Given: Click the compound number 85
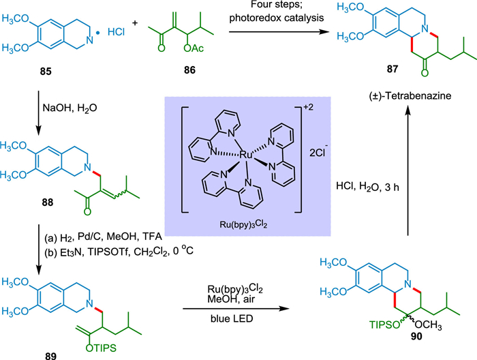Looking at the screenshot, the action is pos(46,72).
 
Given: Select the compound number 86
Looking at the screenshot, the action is pos(189,70).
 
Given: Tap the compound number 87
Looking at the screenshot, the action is pos(392,70).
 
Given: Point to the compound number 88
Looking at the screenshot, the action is pos(48,202).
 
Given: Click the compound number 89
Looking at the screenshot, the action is pos(51,356).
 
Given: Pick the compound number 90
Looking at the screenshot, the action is pos(416,336).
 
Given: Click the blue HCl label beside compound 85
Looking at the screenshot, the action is pos(116,32).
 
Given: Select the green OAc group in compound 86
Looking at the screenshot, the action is pos(194,48).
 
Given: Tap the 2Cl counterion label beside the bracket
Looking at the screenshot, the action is pos(318,151).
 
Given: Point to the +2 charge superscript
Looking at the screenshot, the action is pos(309,107).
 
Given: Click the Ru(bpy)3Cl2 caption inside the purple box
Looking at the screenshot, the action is pos(243,224).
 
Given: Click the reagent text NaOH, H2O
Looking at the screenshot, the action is pos(70,108).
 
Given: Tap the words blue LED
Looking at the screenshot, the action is pos(232,318).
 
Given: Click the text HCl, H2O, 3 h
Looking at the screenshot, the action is pos(367,187).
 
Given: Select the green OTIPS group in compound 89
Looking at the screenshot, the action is pos(101,347).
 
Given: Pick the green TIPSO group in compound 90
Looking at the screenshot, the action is pos(384,325).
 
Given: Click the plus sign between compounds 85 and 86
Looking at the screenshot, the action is pos(135,22).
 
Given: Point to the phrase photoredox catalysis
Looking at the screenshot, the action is pos(276,18).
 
